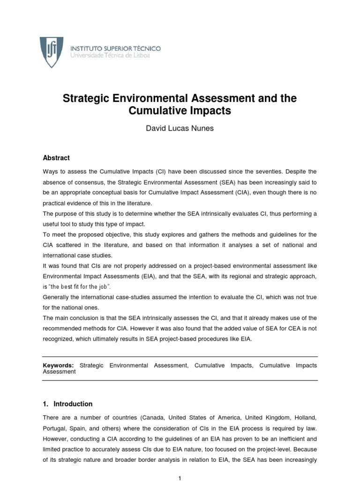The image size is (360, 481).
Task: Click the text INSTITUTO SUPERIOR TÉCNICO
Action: point(115,48)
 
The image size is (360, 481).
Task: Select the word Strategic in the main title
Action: point(85,99)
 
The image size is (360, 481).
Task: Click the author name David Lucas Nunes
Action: point(180,128)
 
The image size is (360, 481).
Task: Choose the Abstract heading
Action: point(56,158)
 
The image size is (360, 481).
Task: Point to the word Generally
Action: point(56,297)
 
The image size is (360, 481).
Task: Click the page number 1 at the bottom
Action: point(180,478)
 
